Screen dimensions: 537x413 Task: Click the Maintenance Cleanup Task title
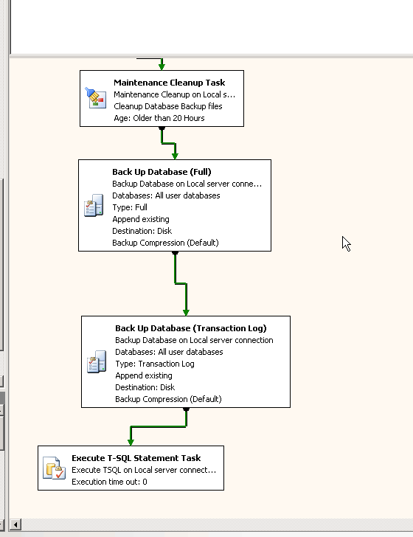pos(169,83)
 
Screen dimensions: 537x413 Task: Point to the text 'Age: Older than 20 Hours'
pos(159,118)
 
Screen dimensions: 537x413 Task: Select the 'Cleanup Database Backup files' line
pos(167,106)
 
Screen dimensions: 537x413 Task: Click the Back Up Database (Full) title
pos(162,172)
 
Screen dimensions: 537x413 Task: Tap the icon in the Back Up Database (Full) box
pos(94,206)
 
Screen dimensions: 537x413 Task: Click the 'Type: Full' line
pos(130,207)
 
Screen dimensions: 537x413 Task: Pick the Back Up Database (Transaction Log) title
pos(190,328)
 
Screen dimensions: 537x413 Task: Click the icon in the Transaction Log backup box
pos(97,362)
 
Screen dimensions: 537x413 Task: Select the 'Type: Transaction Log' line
pos(154,364)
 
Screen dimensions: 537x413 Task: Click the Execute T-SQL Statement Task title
pos(136,458)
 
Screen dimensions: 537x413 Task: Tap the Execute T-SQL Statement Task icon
pos(54,468)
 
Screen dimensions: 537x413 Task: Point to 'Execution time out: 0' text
pos(109,482)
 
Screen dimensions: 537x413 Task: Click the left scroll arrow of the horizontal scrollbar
pos(15,525)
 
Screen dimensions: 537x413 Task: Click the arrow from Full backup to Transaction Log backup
pos(180,282)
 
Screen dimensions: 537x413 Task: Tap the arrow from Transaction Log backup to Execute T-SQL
pos(158,426)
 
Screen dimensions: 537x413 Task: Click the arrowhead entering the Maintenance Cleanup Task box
pos(162,66)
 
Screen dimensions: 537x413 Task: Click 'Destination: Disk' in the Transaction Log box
pos(145,387)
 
